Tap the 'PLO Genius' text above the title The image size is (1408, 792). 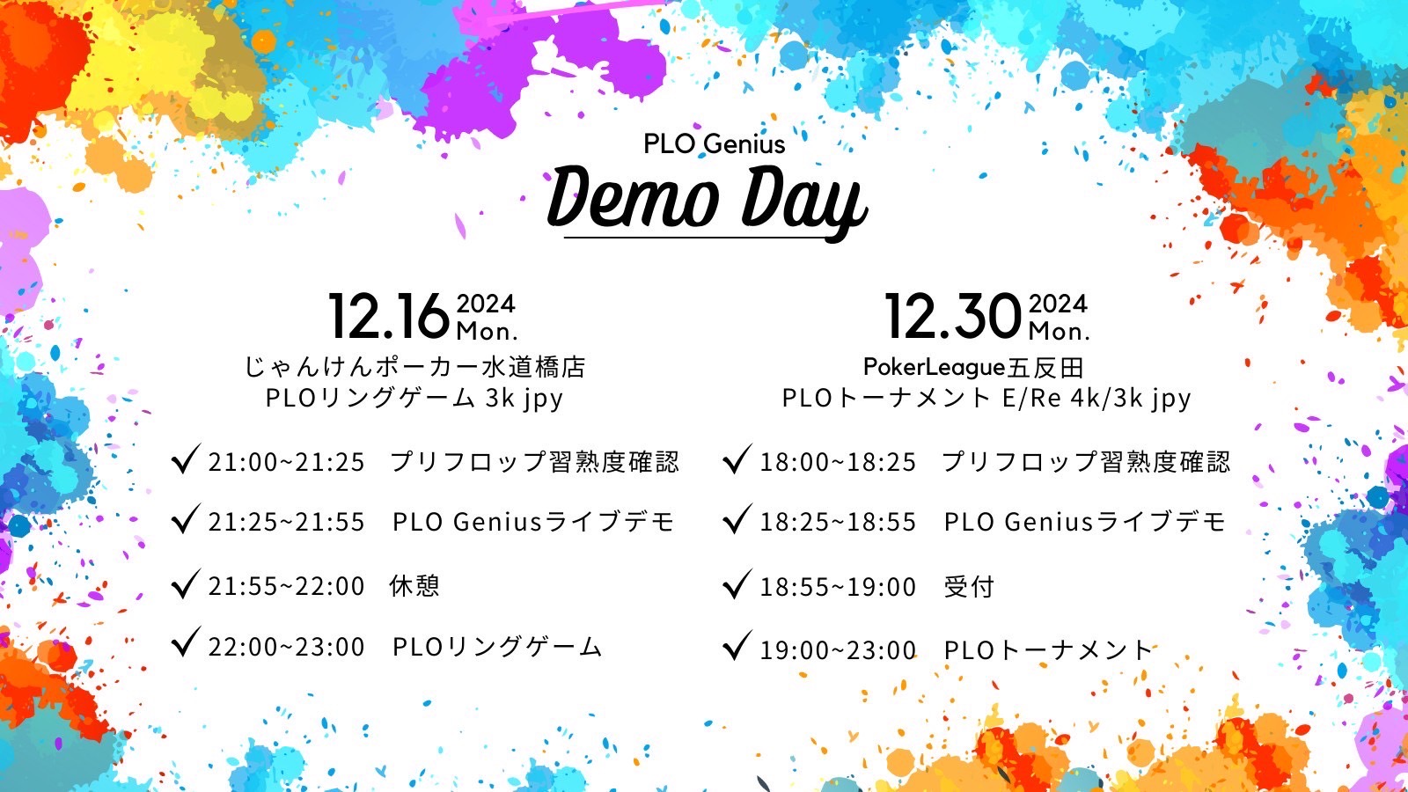pyautogui.click(x=714, y=144)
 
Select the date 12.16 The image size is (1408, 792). pyautogui.click(x=388, y=317)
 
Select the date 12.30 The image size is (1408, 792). pyautogui.click(x=953, y=317)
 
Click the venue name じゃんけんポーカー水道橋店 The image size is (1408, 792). pyautogui.click(x=414, y=367)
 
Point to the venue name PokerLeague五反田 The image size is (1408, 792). pyautogui.click(x=973, y=367)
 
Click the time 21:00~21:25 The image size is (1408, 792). pyautogui.click(x=287, y=463)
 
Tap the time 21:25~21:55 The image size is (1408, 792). pyautogui.click(x=287, y=523)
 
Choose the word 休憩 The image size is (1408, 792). pyautogui.click(x=414, y=586)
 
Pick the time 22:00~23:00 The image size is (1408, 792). pyautogui.click(x=287, y=647)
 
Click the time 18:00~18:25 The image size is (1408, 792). pyautogui.click(x=838, y=463)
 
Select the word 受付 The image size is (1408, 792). pyautogui.click(x=969, y=587)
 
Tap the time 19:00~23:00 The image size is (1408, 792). pyautogui.click(x=838, y=650)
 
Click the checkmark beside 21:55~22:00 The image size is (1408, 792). pyautogui.click(x=186, y=583)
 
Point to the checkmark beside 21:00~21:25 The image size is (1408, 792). pyautogui.click(x=186, y=458)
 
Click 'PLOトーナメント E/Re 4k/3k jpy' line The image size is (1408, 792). pyautogui.click(x=986, y=399)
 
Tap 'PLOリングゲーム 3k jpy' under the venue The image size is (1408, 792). pyautogui.click(x=414, y=399)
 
